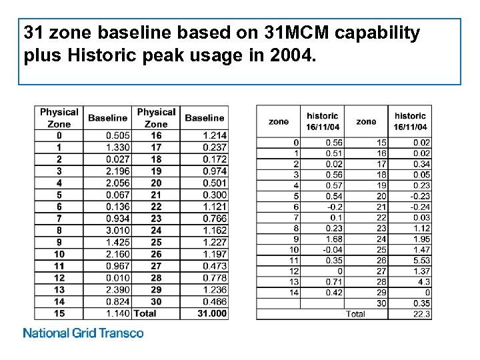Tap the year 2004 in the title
coord(291,56)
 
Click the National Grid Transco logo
coord(83,333)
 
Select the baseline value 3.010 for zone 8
coord(118,230)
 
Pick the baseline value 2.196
coord(118,171)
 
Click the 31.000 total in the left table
coord(212,313)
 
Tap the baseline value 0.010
coord(118,277)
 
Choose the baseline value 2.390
coord(118,289)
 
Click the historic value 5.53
coord(421,260)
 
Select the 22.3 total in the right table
coord(422,314)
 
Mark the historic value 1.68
coord(333,239)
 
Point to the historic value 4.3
coord(424,281)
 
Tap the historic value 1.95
coord(421,239)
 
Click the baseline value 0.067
coord(118,195)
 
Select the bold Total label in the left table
coord(145,313)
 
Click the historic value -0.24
coord(420,207)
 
